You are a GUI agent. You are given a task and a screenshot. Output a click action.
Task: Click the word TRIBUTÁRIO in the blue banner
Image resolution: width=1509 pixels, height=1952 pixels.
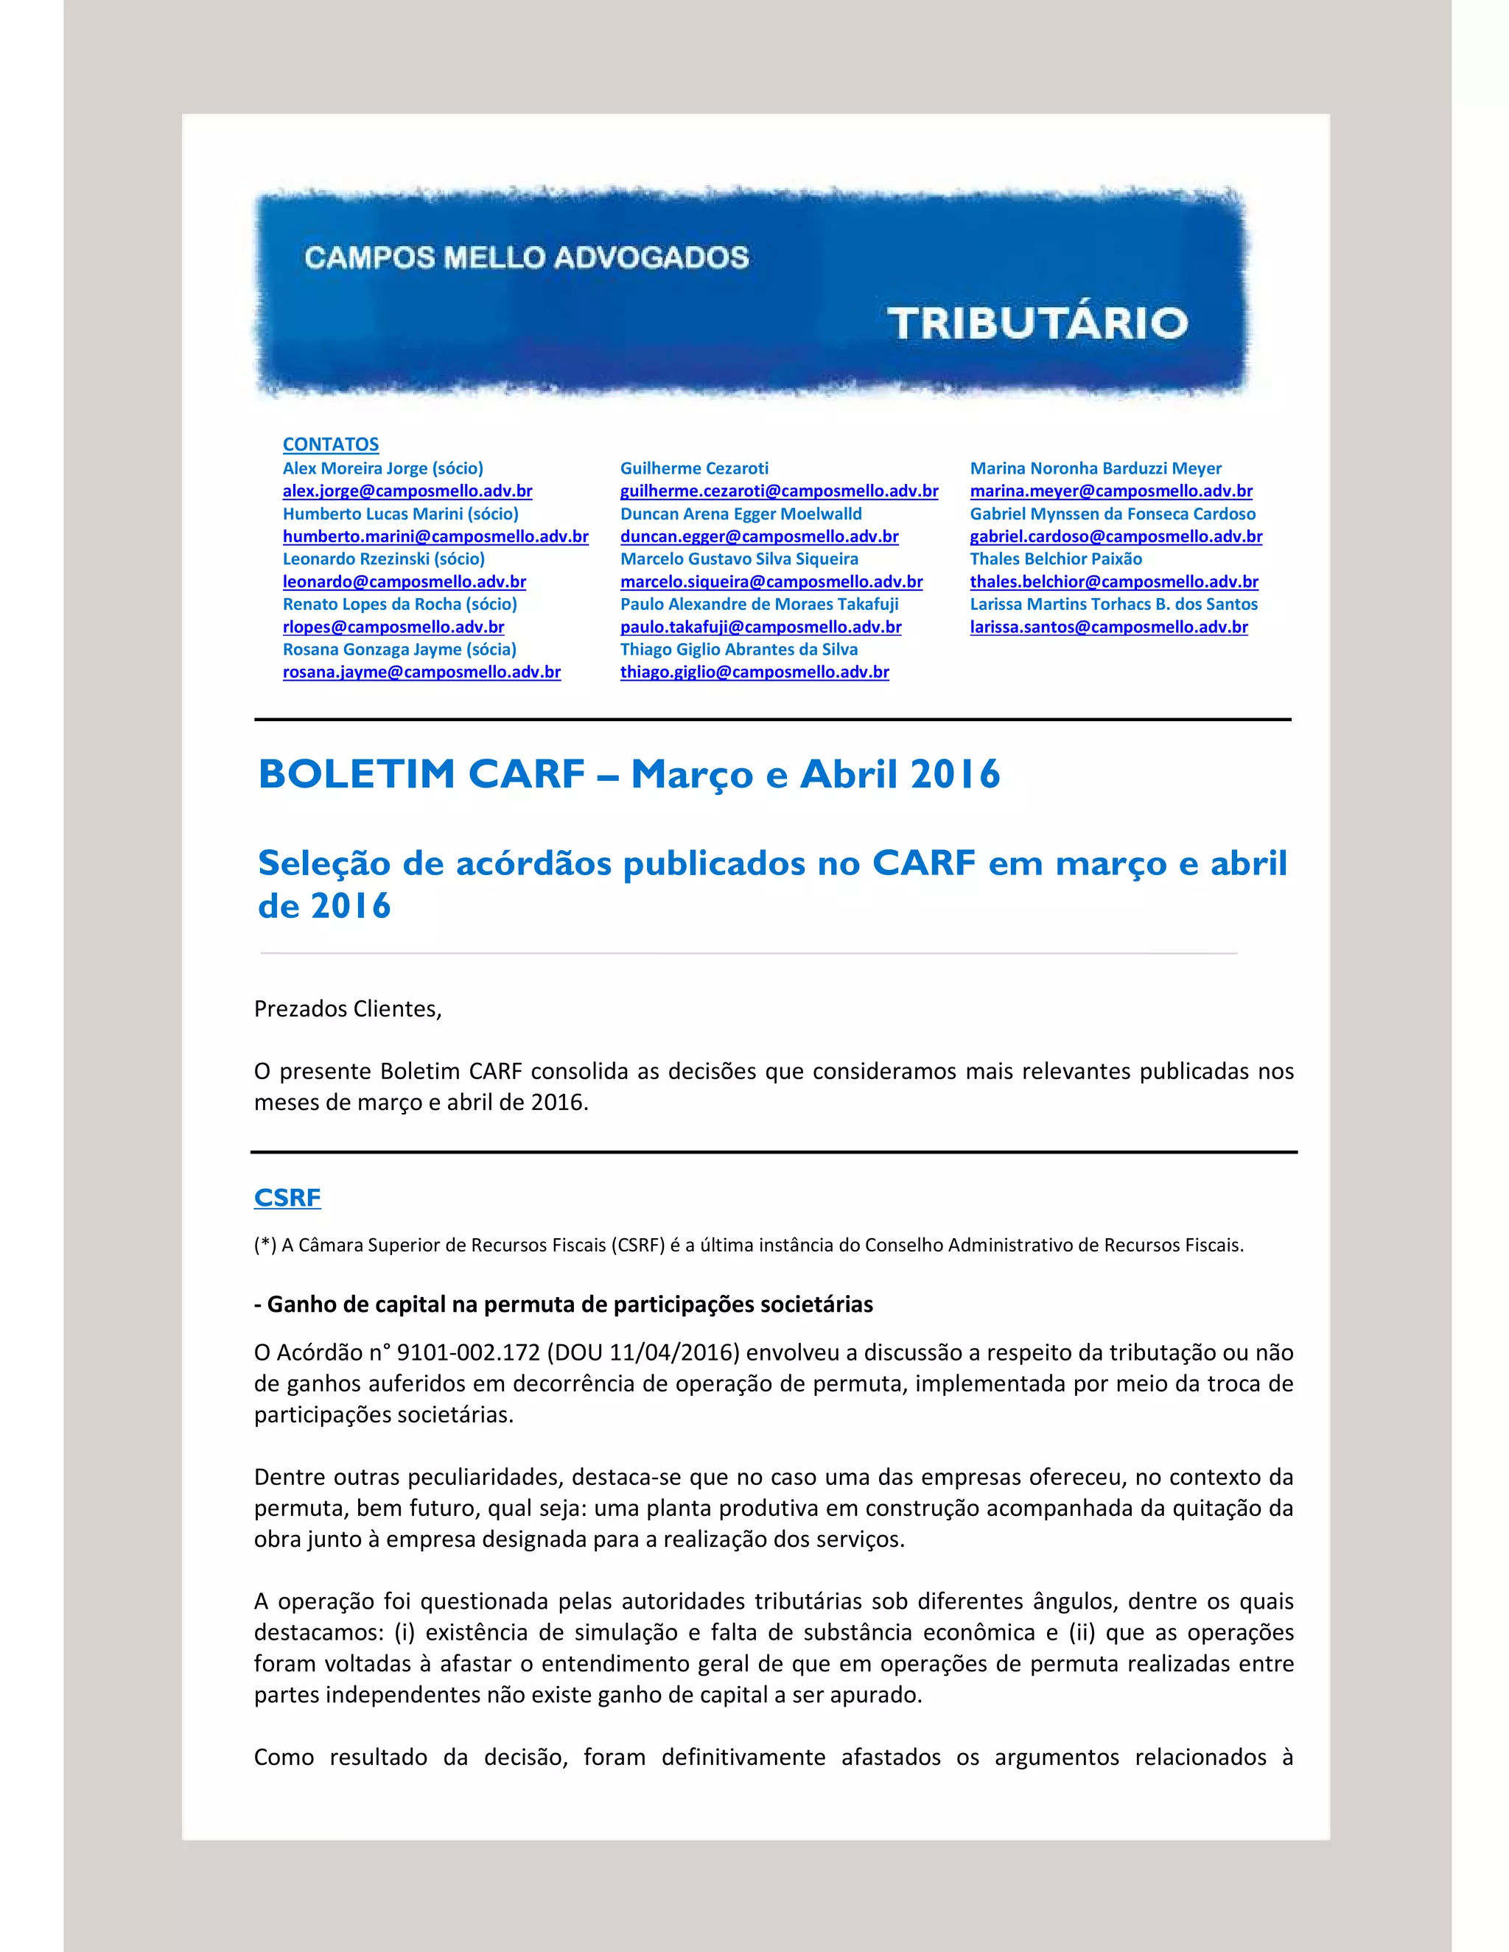click(x=1037, y=323)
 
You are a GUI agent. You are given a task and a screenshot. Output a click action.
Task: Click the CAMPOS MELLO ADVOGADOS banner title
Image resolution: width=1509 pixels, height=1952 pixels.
click(x=527, y=259)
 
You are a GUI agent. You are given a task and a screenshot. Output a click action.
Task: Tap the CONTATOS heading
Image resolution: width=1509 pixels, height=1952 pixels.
click(x=331, y=444)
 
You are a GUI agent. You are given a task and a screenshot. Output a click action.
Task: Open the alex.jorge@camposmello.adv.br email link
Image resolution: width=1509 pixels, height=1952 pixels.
click(x=407, y=491)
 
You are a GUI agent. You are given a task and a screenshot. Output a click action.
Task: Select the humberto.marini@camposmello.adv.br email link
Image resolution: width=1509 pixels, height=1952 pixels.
click(x=435, y=536)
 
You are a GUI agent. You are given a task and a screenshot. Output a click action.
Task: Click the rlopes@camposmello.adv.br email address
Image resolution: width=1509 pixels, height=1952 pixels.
click(x=393, y=627)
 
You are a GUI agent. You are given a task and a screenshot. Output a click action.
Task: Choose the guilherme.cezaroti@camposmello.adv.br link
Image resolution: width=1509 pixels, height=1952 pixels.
click(x=779, y=491)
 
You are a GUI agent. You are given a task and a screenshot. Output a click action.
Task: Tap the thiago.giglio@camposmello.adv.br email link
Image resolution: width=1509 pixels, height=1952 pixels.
click(x=754, y=672)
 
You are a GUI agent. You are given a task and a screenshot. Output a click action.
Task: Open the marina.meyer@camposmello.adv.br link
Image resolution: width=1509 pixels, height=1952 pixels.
click(x=1111, y=491)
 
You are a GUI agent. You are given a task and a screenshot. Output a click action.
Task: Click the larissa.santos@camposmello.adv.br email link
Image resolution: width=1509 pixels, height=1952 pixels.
click(x=1108, y=627)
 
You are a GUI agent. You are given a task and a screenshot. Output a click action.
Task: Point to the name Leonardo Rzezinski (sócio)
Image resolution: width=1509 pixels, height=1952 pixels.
click(x=383, y=558)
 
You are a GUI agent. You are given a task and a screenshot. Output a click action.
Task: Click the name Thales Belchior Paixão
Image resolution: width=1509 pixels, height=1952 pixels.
click(x=1056, y=558)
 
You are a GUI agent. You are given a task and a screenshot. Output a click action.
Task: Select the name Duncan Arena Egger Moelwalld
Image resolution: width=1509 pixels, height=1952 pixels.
click(x=741, y=514)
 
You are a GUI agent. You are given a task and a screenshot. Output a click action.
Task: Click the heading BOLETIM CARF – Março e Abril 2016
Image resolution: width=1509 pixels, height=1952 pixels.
click(x=629, y=774)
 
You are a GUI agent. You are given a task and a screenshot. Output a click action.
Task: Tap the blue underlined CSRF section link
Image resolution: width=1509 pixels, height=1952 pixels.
click(x=287, y=1198)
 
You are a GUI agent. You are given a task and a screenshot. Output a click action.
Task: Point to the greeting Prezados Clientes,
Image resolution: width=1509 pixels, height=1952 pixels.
click(x=348, y=1009)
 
